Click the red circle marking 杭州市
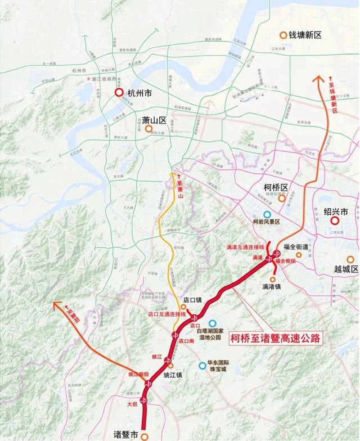[x=119, y=93]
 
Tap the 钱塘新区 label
[x=304, y=35]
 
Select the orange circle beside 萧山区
[x=148, y=129]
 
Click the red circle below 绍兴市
[x=335, y=220]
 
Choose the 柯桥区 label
[x=276, y=187]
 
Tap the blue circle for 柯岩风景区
[x=267, y=214]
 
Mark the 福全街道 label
[x=296, y=246]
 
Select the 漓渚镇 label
[x=273, y=286]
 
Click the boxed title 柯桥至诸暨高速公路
[x=275, y=339]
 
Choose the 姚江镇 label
[x=173, y=375]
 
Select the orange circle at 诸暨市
[x=145, y=435]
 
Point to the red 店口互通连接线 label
[x=166, y=314]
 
